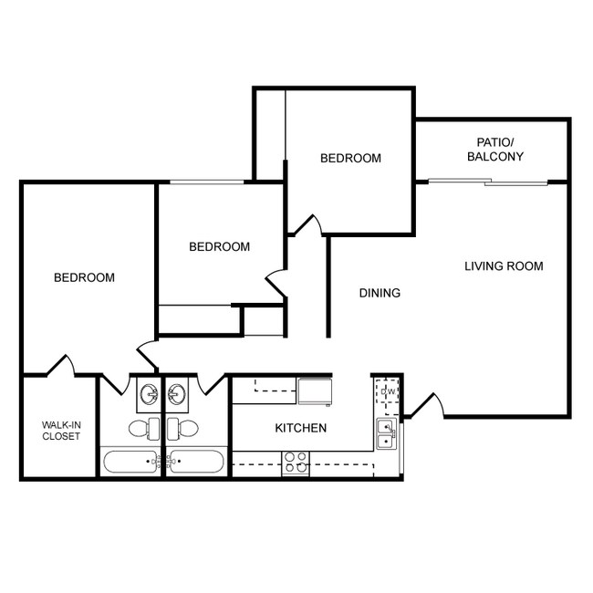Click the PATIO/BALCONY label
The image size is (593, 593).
click(x=494, y=150)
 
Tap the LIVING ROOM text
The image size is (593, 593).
click(x=504, y=266)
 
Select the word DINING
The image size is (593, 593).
click(x=380, y=293)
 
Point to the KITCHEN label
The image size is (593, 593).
click(x=301, y=428)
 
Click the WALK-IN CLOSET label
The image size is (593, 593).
click(x=60, y=430)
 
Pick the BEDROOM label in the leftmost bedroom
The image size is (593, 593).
click(x=84, y=277)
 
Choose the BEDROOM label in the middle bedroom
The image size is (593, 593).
click(x=219, y=246)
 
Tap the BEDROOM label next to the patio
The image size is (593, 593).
click(x=350, y=158)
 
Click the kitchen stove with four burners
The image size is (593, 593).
click(x=296, y=463)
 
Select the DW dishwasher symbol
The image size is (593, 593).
click(x=386, y=393)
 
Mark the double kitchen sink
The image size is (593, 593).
click(x=387, y=434)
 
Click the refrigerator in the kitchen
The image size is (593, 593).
click(x=314, y=390)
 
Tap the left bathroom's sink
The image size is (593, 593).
click(x=148, y=394)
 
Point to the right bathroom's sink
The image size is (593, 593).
click(x=177, y=394)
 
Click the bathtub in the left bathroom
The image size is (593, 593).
click(x=130, y=461)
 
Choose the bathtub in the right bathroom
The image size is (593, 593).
click(x=196, y=461)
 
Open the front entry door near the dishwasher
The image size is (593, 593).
click(x=427, y=407)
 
